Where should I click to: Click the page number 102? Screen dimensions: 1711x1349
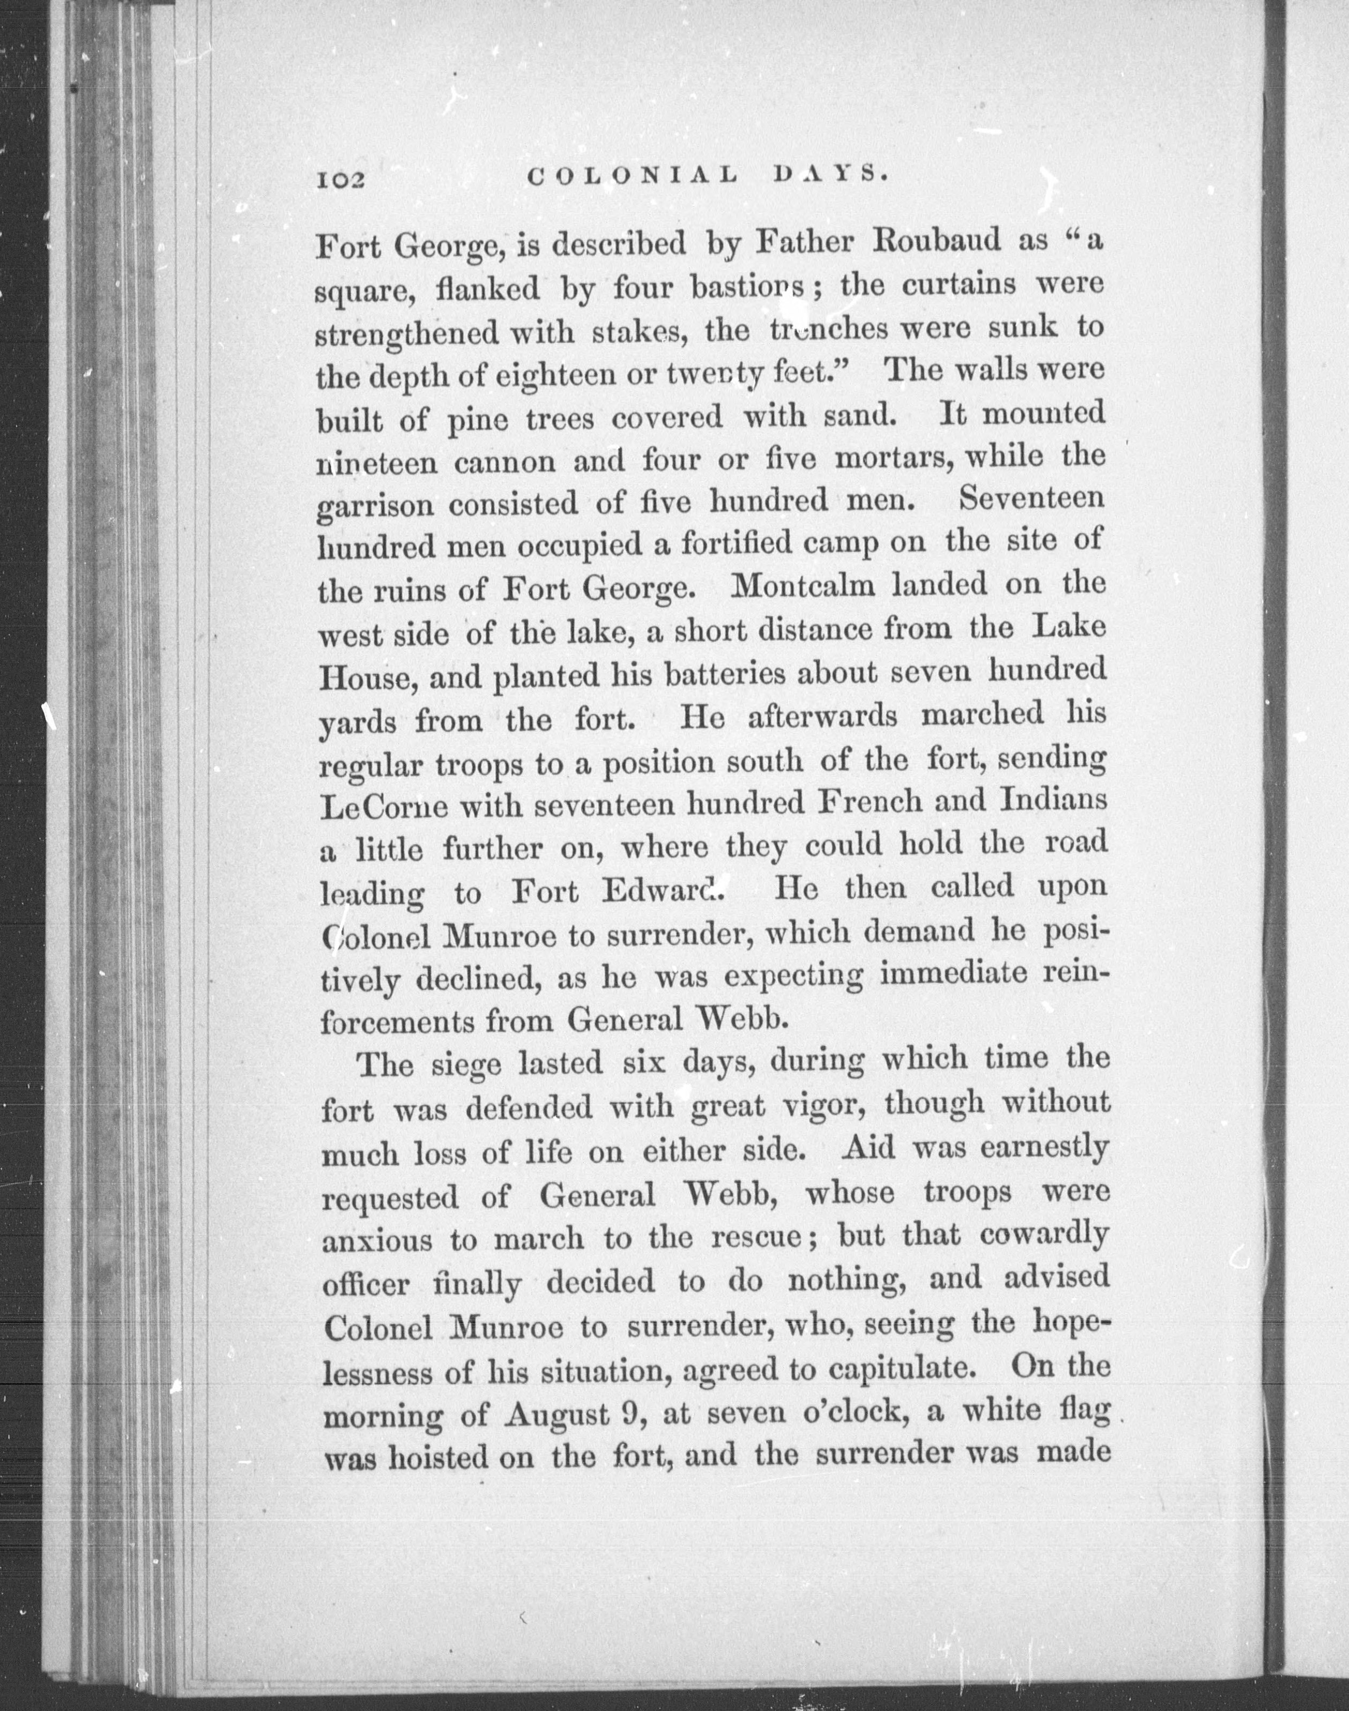tap(341, 180)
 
